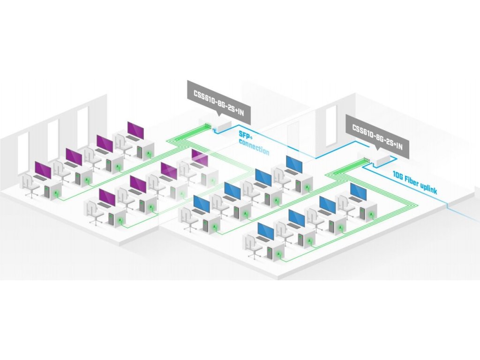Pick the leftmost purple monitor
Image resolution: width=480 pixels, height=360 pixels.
tap(43, 171)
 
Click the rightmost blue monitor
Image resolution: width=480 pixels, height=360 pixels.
tap(358, 191)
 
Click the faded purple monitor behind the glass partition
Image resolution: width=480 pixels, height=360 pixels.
tap(199, 157)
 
